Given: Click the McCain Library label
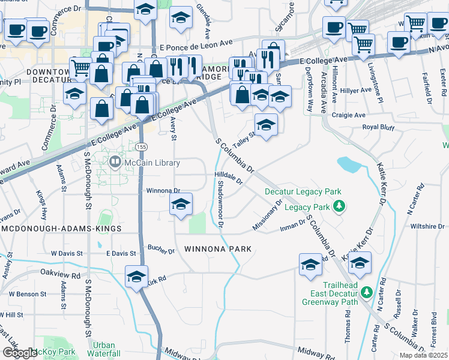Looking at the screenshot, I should coord(152,163).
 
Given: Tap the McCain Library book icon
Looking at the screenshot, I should coord(115,162).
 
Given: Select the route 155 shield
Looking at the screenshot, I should coord(141,147).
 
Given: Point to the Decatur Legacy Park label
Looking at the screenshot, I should coord(303,192).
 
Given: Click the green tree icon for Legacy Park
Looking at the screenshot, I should coord(340,207).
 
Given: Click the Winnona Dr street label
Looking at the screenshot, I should coord(163,191).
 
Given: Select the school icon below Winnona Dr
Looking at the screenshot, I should coord(181,204).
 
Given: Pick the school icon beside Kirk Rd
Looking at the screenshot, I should coord(136,276).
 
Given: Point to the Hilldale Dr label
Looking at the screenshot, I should coord(228,177).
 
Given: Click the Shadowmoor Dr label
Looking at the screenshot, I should coord(220,204).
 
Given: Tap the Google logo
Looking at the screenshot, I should coord(19,353).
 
